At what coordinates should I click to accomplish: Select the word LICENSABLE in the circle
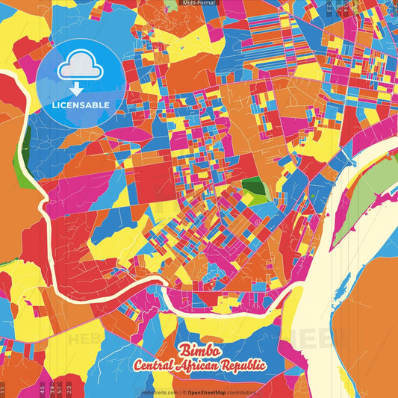pyautogui.click(x=81, y=105)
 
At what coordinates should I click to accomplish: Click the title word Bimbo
pyautogui.click(x=198, y=350)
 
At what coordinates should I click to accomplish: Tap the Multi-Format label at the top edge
pyautogui.click(x=199, y=3)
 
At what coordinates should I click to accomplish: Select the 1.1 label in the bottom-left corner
pyautogui.click(x=4, y=389)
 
